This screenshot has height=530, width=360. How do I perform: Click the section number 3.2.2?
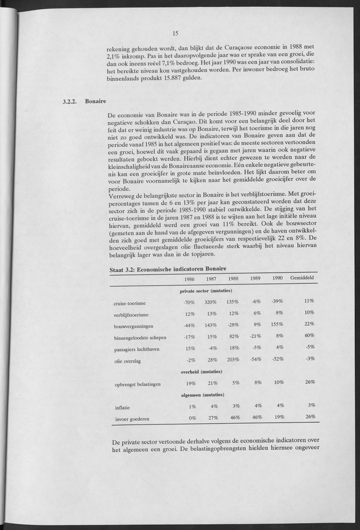coord(71,102)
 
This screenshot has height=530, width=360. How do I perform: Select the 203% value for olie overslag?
coord(232,359)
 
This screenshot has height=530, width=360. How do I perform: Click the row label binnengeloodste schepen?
coord(140,337)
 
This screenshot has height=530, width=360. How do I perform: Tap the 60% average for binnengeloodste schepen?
coord(310,335)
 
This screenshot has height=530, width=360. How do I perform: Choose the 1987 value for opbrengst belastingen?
coord(212,383)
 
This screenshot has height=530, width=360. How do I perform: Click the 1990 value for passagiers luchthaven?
coord(279,347)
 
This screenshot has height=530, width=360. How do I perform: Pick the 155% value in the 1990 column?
coord(277,324)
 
